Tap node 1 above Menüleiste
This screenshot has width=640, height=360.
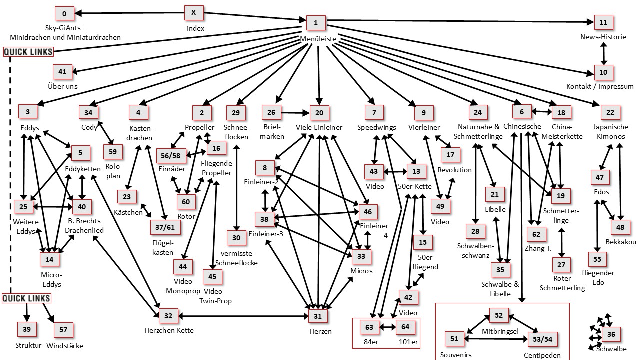point(315,22)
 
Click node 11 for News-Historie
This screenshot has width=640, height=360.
point(603,23)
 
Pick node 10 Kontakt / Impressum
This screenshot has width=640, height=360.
point(603,72)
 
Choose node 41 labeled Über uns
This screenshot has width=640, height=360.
point(62,72)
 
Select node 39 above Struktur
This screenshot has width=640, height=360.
point(27,330)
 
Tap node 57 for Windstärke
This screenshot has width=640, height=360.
point(63,330)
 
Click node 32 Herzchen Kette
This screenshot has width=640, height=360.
point(168,316)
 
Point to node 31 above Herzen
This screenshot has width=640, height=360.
point(318,316)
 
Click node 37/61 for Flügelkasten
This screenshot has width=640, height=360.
point(165,227)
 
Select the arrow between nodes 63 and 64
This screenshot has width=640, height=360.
point(388,328)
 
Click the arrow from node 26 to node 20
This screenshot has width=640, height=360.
point(296,113)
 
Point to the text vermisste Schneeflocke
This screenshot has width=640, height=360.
point(236,259)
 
